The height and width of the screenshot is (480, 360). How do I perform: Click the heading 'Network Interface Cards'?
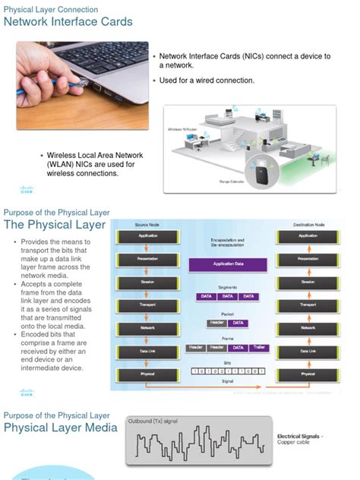click(68, 22)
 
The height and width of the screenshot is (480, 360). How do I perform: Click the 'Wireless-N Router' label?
click(182, 129)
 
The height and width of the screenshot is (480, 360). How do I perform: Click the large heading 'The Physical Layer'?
click(49, 225)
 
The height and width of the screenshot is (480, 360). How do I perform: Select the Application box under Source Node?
click(147, 236)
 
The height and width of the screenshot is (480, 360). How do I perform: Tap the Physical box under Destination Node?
click(308, 374)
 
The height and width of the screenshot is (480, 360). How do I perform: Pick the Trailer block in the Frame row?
click(258, 347)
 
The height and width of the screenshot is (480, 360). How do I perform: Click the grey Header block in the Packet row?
click(216, 322)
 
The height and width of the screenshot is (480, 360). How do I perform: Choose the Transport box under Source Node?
click(147, 305)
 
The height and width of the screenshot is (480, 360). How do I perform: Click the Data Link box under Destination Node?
click(308, 351)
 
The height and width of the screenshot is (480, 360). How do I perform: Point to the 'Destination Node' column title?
click(308, 225)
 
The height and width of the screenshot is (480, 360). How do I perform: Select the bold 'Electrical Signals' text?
click(299, 436)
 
